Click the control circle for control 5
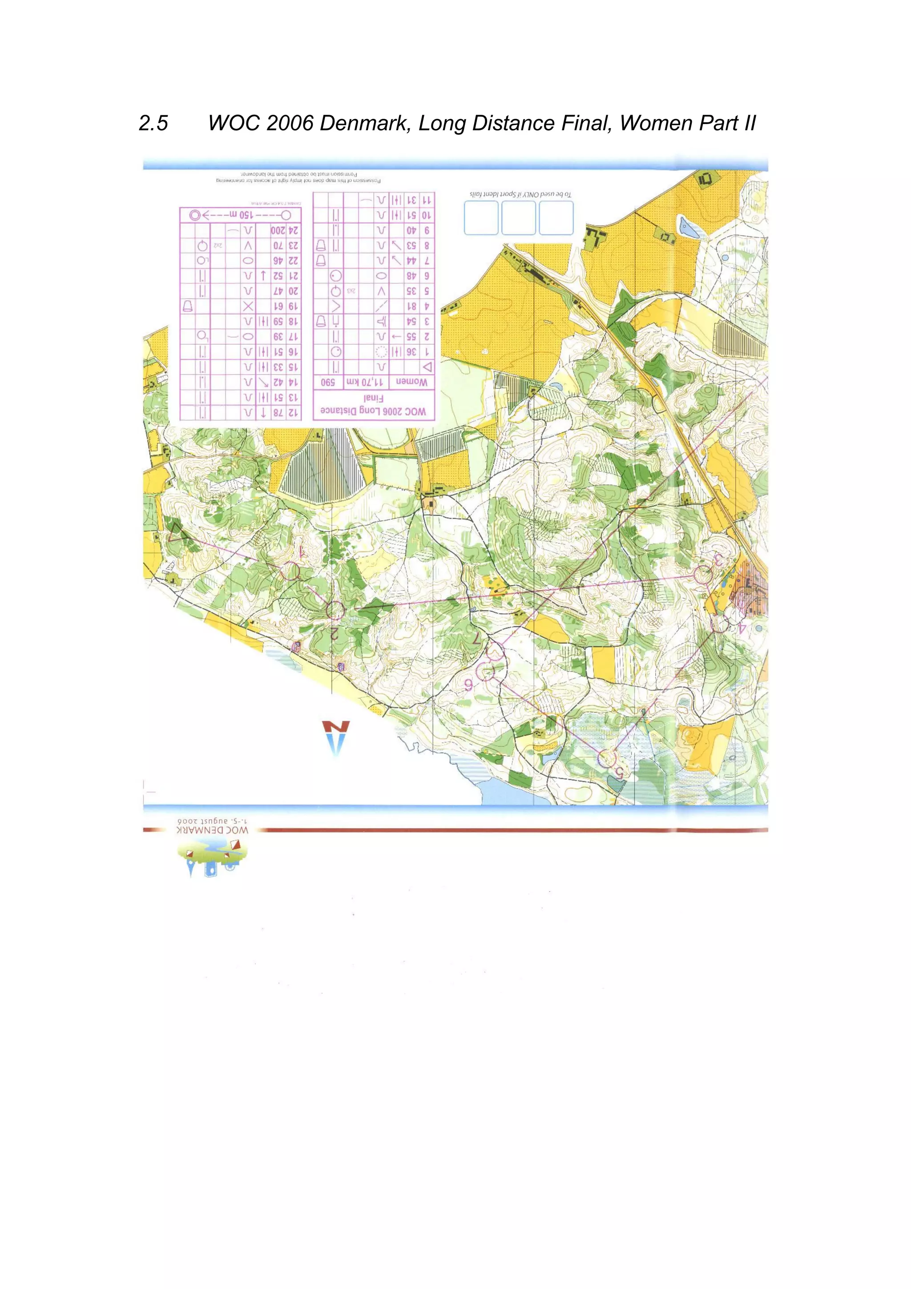coord(606,758)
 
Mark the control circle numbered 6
coord(486,672)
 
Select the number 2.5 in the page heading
coord(153,123)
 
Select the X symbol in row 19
coord(247,306)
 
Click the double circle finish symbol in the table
coord(195,215)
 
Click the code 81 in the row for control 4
coord(411,306)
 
